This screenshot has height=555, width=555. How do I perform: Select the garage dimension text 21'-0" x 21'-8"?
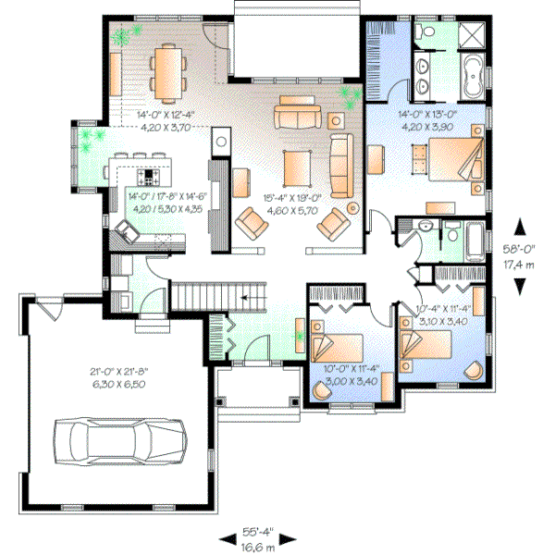(119, 371)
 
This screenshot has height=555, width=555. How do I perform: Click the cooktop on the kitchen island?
(148, 175)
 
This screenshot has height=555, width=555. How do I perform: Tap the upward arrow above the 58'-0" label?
(523, 226)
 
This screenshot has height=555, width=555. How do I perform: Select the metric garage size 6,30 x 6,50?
(119, 382)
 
